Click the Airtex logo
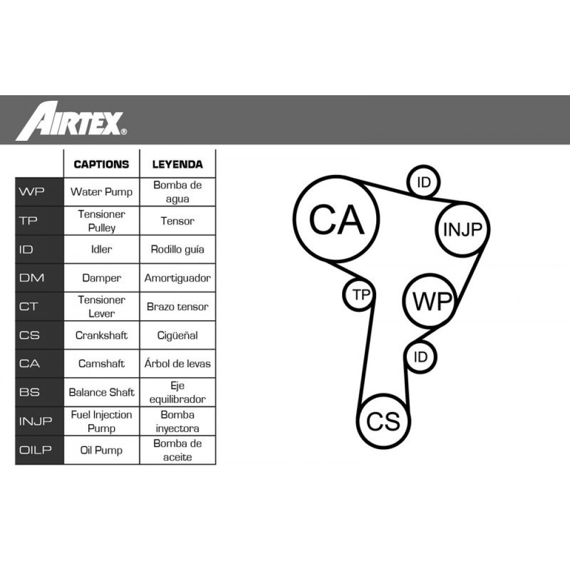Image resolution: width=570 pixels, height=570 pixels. pos(71,121)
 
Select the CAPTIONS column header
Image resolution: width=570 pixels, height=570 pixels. pos(101,164)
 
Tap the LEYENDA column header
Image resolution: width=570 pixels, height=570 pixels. pos(177,164)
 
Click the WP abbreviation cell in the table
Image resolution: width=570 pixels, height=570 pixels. pos(39,192)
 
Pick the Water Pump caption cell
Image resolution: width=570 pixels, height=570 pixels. pos(101,192)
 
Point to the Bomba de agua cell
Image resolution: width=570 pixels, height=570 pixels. pos(177,192)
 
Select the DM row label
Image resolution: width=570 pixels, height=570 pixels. pos(39,278)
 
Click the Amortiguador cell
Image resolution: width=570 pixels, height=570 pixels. pos(177,278)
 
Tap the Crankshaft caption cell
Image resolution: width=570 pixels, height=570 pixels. pos(101,335)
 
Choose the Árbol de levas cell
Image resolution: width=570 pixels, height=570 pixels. pos(177,364)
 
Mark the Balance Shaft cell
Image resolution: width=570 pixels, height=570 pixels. pos(101,392)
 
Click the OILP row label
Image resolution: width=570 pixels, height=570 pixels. pos(39,450)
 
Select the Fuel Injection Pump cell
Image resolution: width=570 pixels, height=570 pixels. pos(101,421)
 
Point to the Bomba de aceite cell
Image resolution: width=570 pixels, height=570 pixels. pos(177,450)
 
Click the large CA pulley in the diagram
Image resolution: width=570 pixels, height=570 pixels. pos(336,219)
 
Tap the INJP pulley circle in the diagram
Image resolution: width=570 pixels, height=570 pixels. pos(463,229)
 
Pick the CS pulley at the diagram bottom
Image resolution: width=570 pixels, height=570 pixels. pos(383,421)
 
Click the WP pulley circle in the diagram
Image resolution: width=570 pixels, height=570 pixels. pos(431,301)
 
